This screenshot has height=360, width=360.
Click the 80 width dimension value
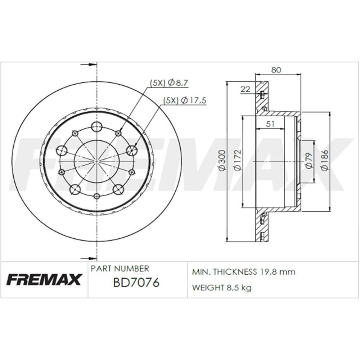[276, 70]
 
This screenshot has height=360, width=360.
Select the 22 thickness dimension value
[245, 89]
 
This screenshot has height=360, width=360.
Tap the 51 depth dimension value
[270, 124]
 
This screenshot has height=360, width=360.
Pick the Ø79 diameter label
[308, 161]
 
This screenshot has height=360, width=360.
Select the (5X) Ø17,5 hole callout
[185, 100]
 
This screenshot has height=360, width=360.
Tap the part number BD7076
[136, 283]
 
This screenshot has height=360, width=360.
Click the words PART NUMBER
[120, 269]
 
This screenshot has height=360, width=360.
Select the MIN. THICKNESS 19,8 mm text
[244, 272]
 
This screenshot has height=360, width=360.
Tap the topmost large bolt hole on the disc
[97, 126]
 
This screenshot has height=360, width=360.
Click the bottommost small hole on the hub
[97, 196]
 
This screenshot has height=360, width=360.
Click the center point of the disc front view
[97, 161]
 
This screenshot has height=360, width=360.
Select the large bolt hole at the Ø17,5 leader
[133, 150]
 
